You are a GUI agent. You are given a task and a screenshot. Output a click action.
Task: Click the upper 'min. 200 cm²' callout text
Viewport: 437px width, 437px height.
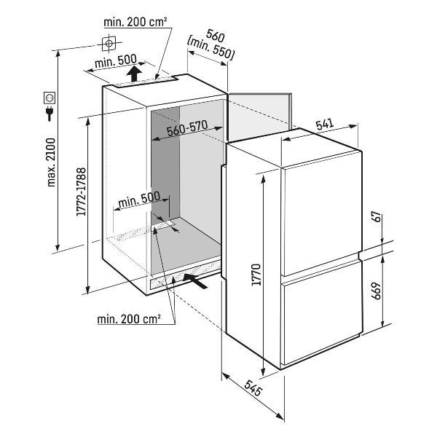136,23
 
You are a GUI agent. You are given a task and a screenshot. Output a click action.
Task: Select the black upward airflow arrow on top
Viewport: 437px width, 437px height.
134,74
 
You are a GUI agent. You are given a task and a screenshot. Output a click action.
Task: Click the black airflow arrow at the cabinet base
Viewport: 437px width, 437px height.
199,280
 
